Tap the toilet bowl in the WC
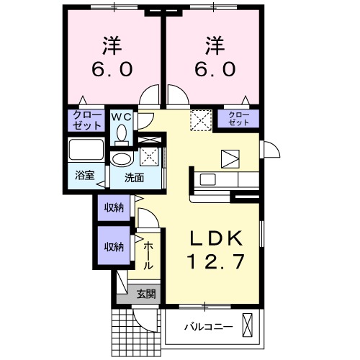coord(121,133)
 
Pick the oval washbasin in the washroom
coord(122,158)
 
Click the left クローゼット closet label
coord(86,119)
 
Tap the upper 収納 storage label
coord(113,207)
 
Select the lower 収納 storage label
coord(113,246)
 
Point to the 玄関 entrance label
coord(146,294)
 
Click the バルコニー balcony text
coord(207,327)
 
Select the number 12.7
coord(212,262)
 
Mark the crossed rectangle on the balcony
coord(248,326)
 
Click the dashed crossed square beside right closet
coord(199,120)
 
